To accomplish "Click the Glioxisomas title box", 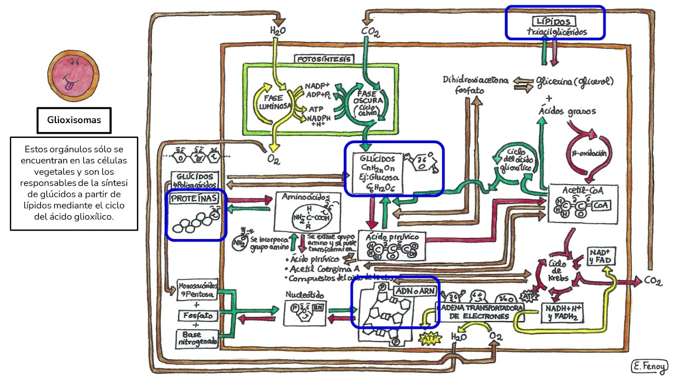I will tap(74, 121).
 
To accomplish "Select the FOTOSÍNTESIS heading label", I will tap(323, 59).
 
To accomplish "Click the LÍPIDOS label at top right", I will tap(554, 22).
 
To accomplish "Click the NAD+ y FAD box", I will tap(599, 256).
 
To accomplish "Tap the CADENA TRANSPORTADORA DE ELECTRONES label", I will tap(479, 312).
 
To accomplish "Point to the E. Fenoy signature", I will tap(649, 366).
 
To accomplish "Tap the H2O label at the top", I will tap(277, 31).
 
